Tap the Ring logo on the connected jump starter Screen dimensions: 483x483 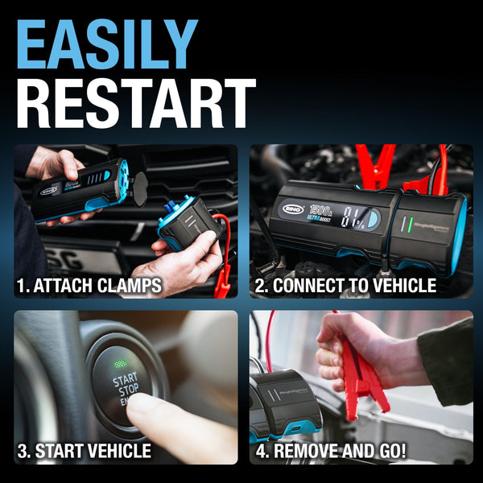coord(292,209)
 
